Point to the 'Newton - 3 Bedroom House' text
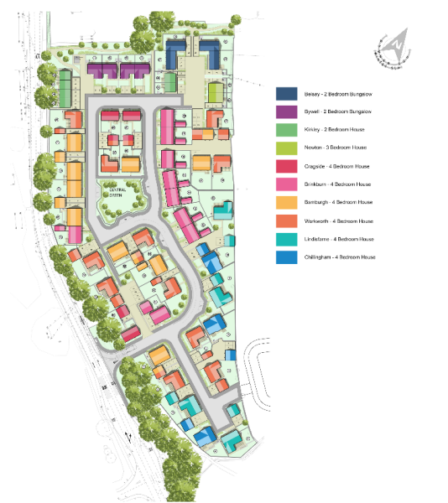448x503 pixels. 338,148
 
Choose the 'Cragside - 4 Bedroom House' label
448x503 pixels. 340,166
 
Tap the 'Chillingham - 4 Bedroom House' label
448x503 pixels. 342,257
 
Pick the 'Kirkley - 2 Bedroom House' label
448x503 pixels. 337,129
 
